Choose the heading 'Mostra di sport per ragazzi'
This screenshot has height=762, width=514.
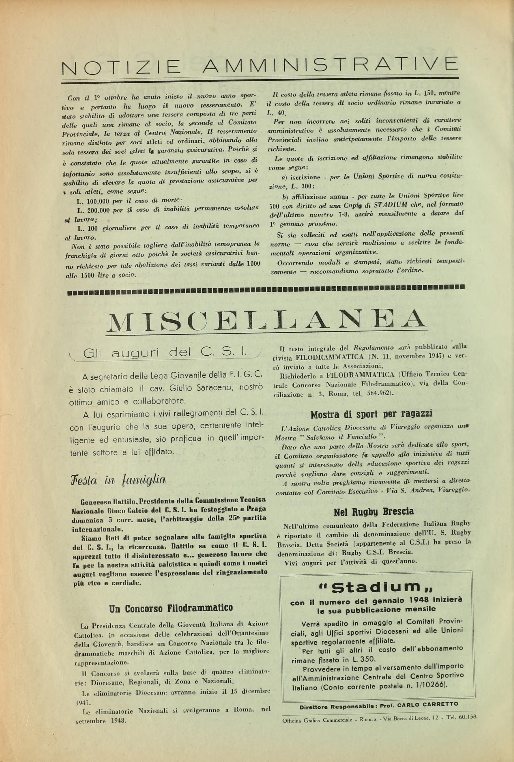point(371,414)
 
